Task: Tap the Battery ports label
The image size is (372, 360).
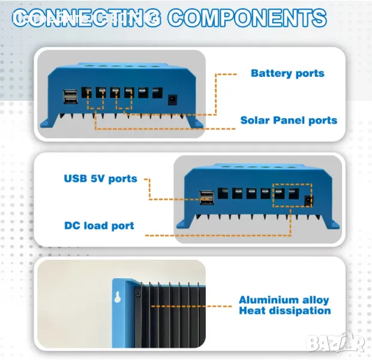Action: pos(287,73)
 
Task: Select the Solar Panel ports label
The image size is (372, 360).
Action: pos(289,120)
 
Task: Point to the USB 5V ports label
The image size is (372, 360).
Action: pos(100,178)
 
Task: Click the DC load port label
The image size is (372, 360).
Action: pos(99,226)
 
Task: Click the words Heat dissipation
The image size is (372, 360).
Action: pos(284,311)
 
